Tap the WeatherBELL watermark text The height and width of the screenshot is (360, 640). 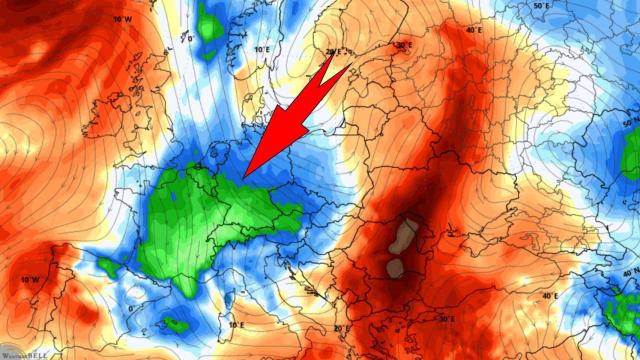tap(27, 354)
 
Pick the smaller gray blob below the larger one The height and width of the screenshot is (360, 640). tap(395, 268)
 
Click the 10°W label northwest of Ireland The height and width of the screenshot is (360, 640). tap(122, 19)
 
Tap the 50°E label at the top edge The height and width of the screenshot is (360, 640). tap(543, 7)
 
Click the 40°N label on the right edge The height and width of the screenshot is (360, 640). tap(628, 273)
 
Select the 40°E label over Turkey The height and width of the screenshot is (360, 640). tap(550, 296)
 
